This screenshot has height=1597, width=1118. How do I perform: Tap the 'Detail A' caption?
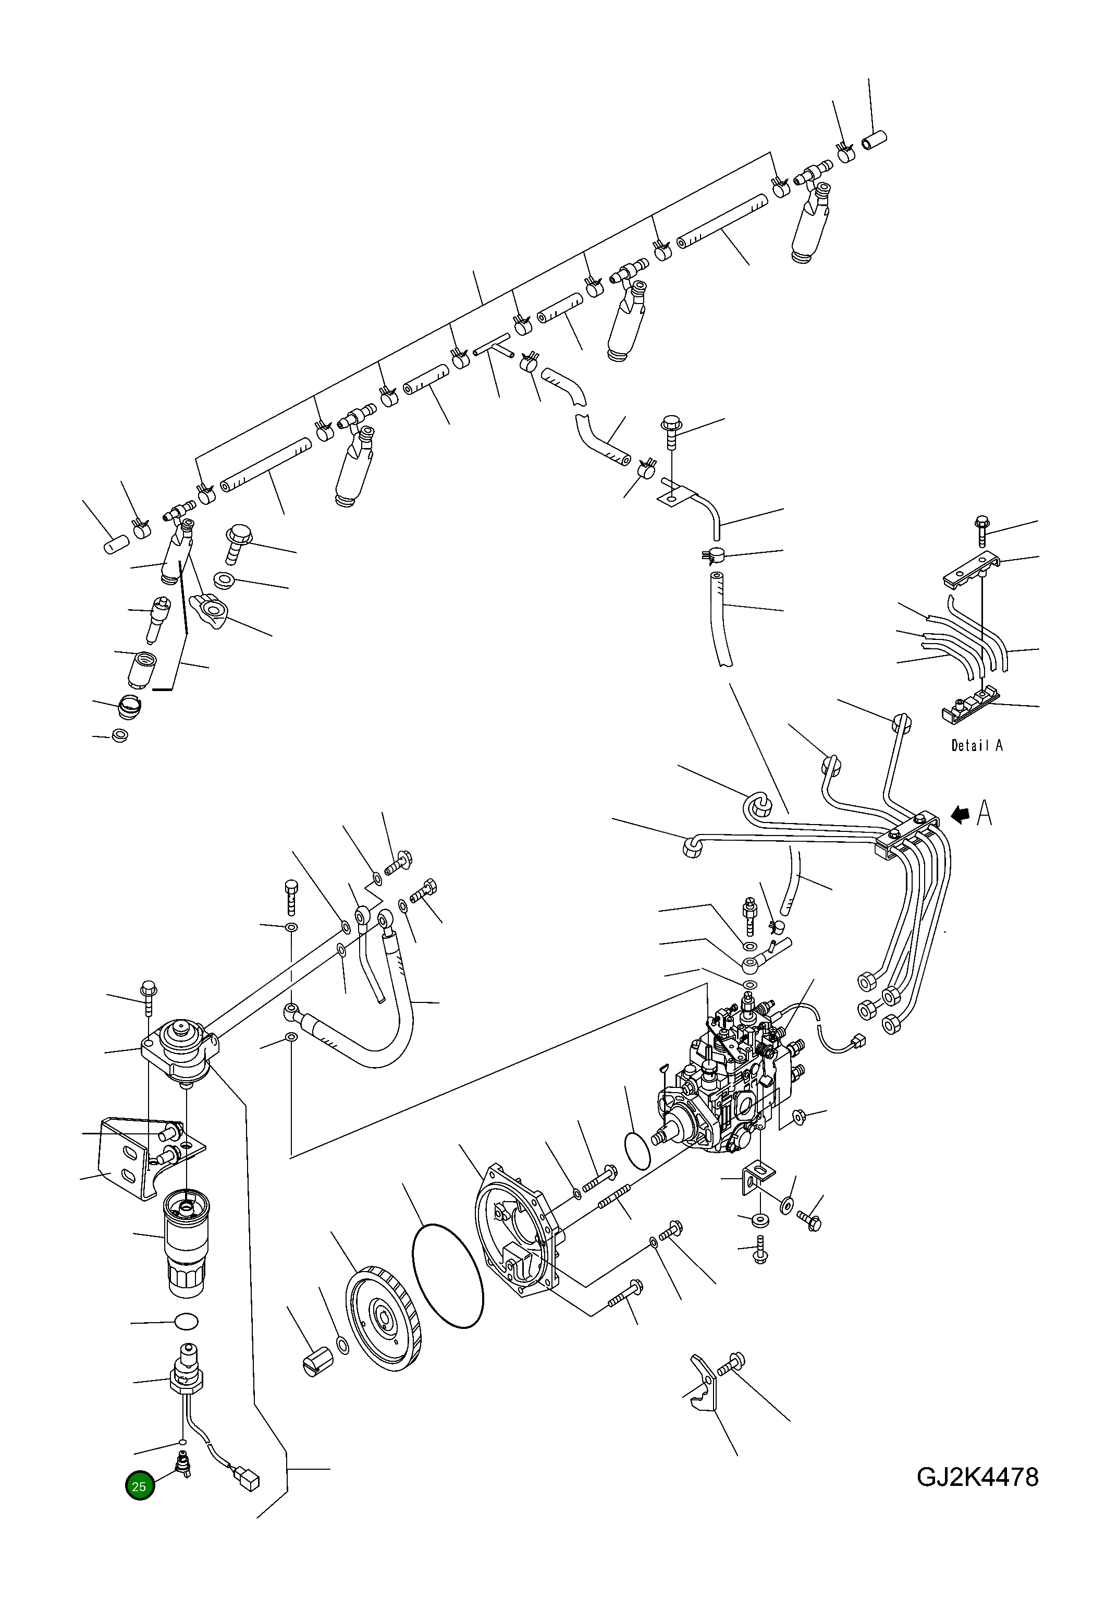976,745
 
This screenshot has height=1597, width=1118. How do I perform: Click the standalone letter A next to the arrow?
984,813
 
